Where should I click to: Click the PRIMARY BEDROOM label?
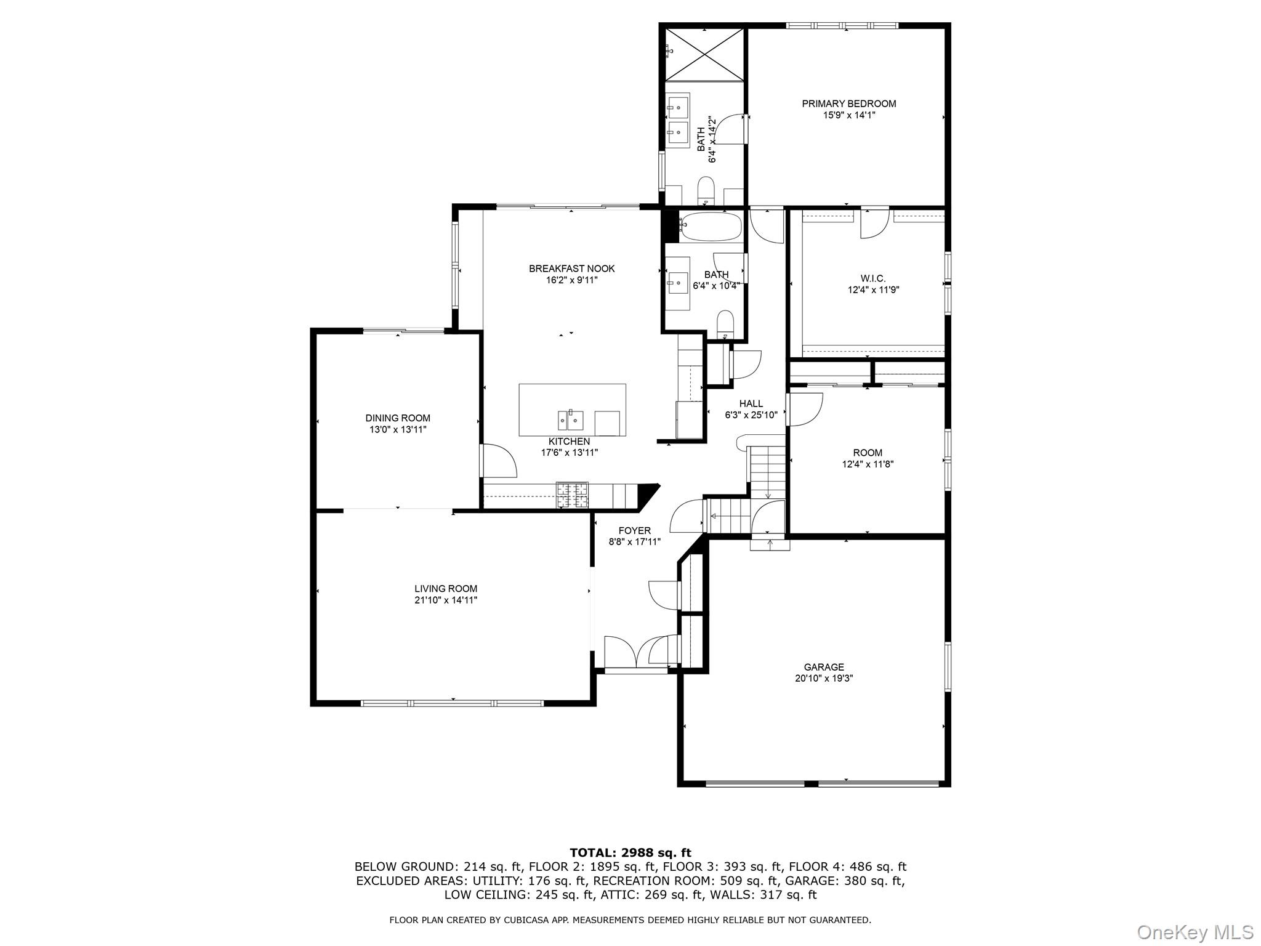click(x=848, y=103)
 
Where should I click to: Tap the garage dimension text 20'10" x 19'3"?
click(x=823, y=679)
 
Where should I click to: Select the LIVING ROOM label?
click(x=445, y=589)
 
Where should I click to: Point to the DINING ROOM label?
click(x=397, y=418)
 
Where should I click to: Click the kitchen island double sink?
click(x=571, y=420)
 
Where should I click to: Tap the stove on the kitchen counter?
click(x=572, y=495)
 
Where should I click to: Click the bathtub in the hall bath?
click(x=711, y=227)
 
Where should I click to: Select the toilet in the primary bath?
click(x=706, y=189)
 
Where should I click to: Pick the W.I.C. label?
click(x=873, y=278)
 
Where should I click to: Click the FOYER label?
click(x=634, y=531)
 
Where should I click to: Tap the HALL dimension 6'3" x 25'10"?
click(x=751, y=415)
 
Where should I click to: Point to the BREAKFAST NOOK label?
click(x=571, y=269)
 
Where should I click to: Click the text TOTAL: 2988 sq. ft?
click(x=630, y=853)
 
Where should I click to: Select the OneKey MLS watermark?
click(x=1195, y=932)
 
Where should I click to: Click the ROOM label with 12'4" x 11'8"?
click(x=868, y=453)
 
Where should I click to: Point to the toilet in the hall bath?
click(x=725, y=325)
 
